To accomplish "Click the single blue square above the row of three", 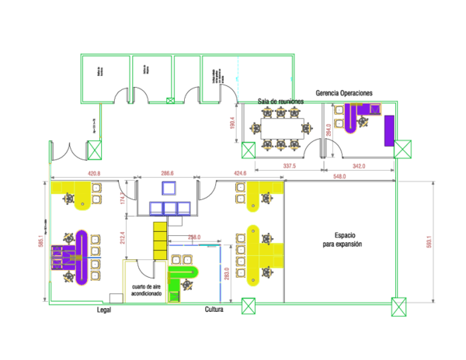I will tap(169, 188).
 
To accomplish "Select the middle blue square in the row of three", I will tap(170, 208).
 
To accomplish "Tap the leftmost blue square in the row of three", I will tap(156, 208).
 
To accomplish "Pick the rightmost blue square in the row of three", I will tap(183, 208).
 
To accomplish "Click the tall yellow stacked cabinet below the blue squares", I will tap(159, 241).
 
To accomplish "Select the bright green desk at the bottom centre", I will tap(182, 273).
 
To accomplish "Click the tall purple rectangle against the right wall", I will tap(388, 130).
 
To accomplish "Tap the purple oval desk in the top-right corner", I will tap(350, 118).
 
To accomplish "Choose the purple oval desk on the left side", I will tap(82, 257).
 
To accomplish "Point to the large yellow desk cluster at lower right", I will tap(263, 254).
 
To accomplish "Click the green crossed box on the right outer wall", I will tap(402, 149).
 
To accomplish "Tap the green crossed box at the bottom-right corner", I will tap(398, 307).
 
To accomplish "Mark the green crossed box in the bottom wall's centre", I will tap(249, 306).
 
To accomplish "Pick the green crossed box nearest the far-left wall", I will tap(95, 150).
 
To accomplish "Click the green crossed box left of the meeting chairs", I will tap(249, 150).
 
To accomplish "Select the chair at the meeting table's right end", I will tap(307, 128).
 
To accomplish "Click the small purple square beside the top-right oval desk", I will tap(374, 109).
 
